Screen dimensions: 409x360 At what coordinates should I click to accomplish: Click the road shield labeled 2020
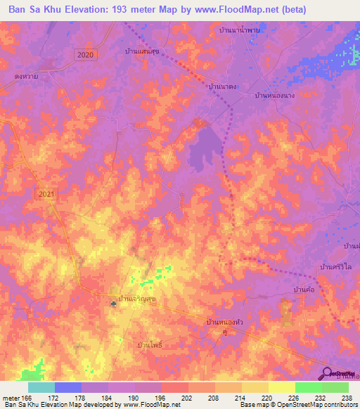click(x=86, y=54)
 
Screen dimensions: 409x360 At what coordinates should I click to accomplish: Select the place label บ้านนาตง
click(x=221, y=86)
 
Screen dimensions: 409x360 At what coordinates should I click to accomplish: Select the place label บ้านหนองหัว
click(x=224, y=322)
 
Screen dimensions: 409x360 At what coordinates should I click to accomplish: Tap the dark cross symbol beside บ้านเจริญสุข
click(x=114, y=303)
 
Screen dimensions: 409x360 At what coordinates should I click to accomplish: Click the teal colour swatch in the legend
click(x=41, y=387)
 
